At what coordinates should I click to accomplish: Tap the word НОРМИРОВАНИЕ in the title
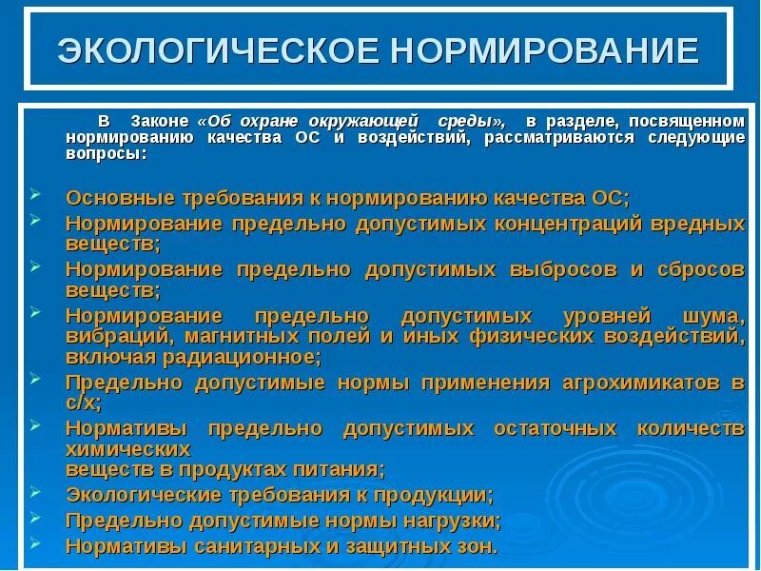click(533, 50)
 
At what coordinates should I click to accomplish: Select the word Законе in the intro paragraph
click(156, 122)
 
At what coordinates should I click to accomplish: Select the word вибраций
click(113, 336)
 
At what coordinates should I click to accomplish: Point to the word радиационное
click(252, 357)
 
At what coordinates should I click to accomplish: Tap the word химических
click(127, 449)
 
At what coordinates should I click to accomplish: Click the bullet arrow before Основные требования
click(35, 193)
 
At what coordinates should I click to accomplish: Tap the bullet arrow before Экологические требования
click(35, 492)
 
